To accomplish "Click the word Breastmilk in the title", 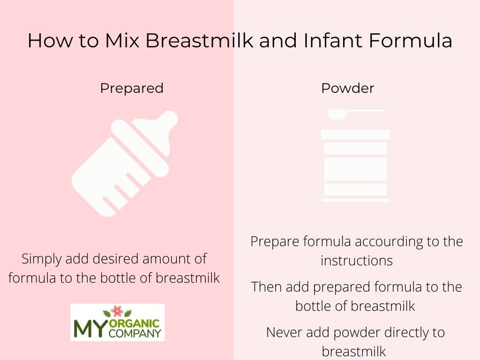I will [x=199, y=40].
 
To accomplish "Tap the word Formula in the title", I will [x=411, y=40].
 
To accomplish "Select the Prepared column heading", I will [x=132, y=88].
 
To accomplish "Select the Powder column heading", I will [x=347, y=88].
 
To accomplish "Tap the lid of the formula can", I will [x=355, y=134].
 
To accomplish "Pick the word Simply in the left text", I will [x=41, y=259].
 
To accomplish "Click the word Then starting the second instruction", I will [x=267, y=287].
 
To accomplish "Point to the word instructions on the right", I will [x=356, y=261].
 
